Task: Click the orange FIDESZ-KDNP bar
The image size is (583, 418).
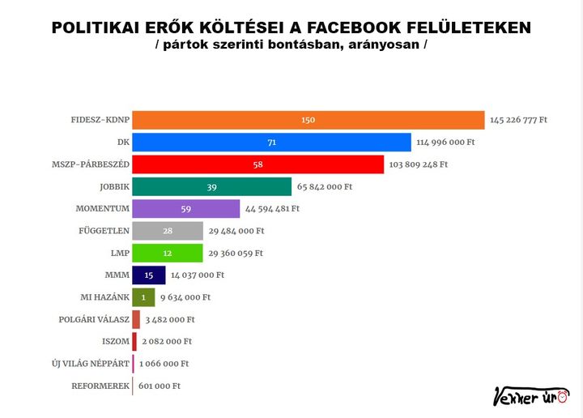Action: (308, 120)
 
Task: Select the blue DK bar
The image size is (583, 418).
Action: (271, 143)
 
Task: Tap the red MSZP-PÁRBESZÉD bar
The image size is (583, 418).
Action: (257, 164)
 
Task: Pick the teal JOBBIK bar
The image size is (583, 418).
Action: (211, 186)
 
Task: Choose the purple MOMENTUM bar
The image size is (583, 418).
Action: (185, 209)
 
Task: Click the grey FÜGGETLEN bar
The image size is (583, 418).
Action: (168, 231)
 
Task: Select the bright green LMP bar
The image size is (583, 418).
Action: (167, 253)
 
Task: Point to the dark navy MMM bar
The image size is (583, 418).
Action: (148, 275)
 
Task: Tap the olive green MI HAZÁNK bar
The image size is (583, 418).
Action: (143, 297)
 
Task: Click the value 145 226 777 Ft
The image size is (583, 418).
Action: (518, 120)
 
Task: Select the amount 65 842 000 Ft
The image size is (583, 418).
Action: (325, 186)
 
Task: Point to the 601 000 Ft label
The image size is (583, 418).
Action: (160, 386)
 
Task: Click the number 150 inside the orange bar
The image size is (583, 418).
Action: (308, 120)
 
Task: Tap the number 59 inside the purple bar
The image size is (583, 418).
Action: (185, 209)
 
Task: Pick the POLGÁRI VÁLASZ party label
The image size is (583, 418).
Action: (94, 319)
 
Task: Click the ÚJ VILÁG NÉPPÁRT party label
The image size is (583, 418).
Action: (90, 364)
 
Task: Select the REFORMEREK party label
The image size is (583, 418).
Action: (100, 386)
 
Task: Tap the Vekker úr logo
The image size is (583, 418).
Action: (530, 396)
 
